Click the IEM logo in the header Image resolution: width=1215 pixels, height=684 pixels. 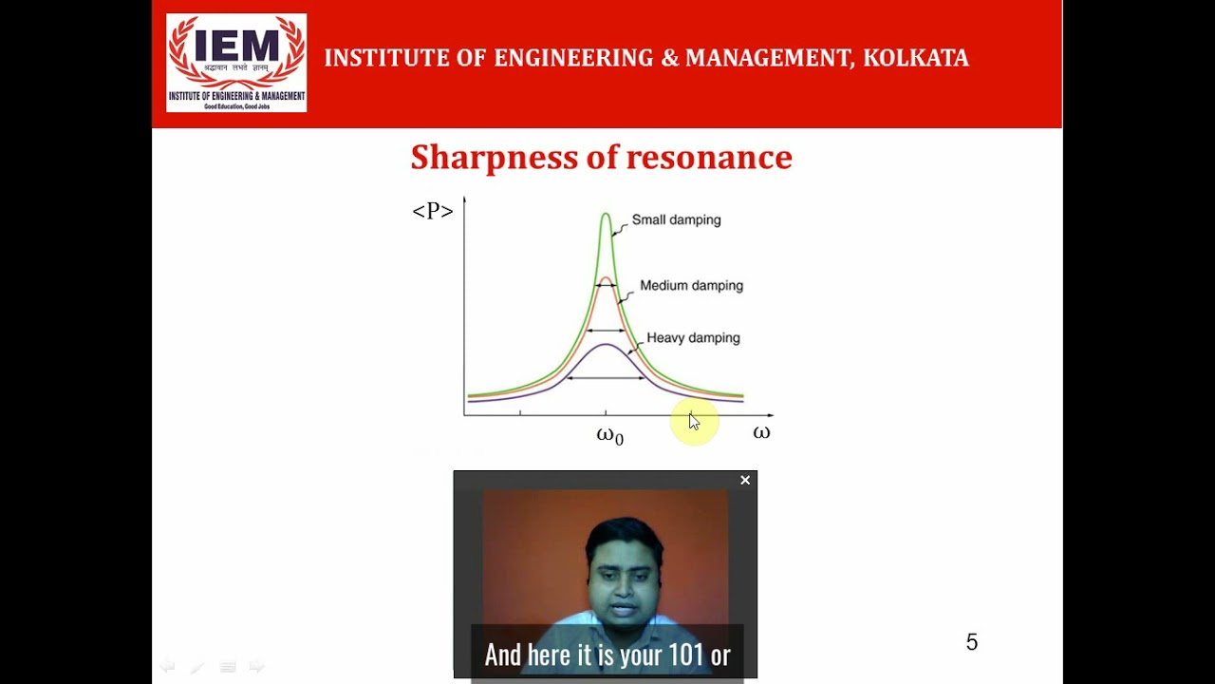[x=236, y=63]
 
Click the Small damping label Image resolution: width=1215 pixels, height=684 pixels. [x=676, y=219]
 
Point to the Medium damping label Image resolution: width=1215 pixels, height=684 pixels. [x=691, y=285]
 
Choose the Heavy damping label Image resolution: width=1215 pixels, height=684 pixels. [x=693, y=337]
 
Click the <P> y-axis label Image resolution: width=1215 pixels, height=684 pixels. [x=432, y=211]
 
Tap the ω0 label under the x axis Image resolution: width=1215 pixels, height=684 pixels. [x=609, y=436]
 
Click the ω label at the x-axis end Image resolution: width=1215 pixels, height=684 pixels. [x=761, y=433]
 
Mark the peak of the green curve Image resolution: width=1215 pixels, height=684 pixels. [x=606, y=215]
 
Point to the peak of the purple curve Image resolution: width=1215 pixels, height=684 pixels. [x=606, y=344]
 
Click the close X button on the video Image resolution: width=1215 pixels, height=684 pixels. [x=745, y=481]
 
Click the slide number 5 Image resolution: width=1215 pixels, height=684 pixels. [x=971, y=642]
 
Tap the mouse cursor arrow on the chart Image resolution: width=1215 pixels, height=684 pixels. [x=693, y=422]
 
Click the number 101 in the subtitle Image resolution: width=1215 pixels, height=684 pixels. [x=685, y=655]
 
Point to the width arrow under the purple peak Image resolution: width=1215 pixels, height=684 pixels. [x=606, y=378]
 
